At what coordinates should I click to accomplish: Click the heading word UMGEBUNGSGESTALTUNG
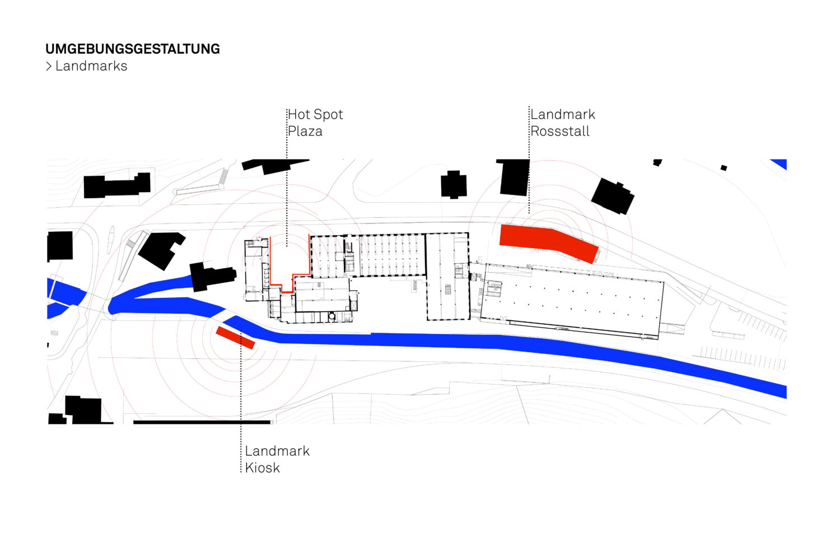[133, 49]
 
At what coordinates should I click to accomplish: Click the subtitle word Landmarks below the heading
[91, 66]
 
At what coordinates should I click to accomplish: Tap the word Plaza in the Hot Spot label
[305, 132]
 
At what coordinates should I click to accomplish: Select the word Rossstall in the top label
[560, 132]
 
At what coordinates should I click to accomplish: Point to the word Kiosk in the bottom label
[262, 468]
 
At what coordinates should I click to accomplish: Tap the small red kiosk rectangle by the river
[235, 338]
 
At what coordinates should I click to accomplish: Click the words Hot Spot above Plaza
[315, 115]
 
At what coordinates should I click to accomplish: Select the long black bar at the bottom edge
[202, 422]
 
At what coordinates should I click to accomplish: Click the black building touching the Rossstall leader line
[514, 177]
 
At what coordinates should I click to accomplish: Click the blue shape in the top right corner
[780, 164]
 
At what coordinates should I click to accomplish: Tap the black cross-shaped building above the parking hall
[454, 185]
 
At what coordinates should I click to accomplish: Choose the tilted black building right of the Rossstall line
[613, 196]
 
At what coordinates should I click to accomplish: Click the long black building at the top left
[116, 186]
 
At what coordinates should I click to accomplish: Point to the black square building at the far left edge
[60, 246]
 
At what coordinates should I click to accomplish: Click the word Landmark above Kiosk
[277, 451]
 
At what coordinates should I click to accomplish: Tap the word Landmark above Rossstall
[563, 115]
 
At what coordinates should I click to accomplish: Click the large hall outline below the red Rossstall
[571, 300]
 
